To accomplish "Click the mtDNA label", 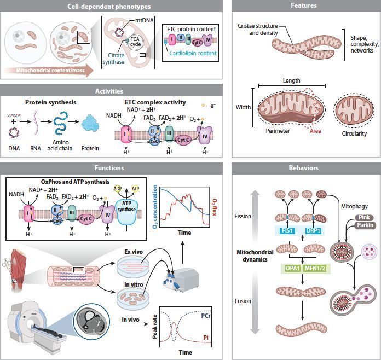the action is coord(145,20).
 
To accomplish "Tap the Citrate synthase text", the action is coord(113,59).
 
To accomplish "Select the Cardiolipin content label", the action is coord(193,53).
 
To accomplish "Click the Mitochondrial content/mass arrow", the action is coord(49,71).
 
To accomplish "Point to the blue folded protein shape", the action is coord(90,124).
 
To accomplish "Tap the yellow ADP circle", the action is coord(117,189).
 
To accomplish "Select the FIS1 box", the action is coord(287,230).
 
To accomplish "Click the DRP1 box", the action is coord(313,230).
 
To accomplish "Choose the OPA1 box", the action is coord(292,268).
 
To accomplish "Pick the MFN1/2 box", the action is coord(315,268).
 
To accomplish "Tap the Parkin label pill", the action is coord(365,225).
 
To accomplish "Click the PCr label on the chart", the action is coord(206,316).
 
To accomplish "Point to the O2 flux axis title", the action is coord(215,207).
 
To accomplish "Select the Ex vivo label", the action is coord(134,252).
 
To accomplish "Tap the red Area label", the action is coord(315,131).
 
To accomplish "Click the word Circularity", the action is coord(354,133).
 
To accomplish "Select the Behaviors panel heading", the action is coord(303,168).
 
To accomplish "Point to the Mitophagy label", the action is coord(354,206).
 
